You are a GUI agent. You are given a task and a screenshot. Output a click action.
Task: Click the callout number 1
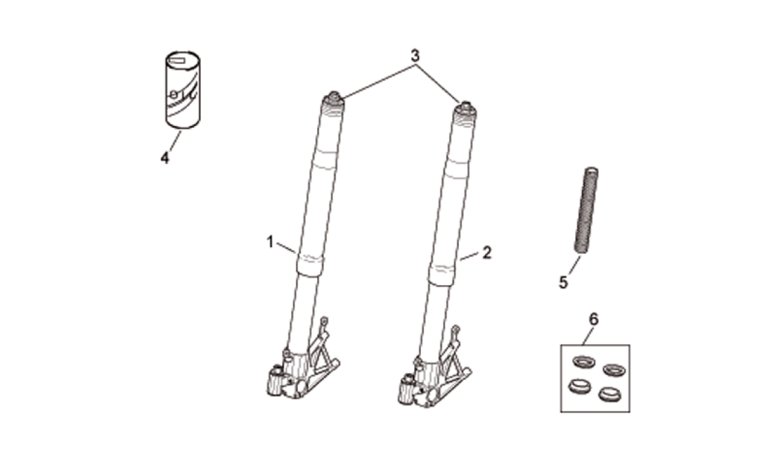[x=270, y=242]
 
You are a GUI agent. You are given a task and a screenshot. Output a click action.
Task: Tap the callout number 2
[x=486, y=253]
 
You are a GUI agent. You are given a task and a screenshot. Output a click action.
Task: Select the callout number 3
[x=415, y=56]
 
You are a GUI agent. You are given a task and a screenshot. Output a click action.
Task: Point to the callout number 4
[x=164, y=158]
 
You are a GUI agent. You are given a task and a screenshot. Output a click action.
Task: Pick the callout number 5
[x=563, y=282]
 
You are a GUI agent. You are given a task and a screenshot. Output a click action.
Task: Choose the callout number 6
[x=594, y=319]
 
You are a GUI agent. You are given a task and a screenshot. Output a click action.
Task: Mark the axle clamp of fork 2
[x=407, y=389]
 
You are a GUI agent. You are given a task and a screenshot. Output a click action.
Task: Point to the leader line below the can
[x=173, y=140]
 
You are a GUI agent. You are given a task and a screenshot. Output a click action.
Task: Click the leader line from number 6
[x=587, y=335]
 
